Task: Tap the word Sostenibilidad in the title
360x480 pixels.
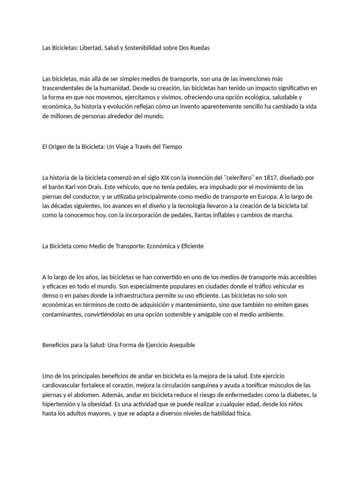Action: click(143, 48)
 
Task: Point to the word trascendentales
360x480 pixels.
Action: click(65, 88)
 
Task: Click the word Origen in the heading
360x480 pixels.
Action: click(58, 147)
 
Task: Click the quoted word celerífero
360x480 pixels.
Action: click(240, 177)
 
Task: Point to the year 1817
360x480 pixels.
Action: click(270, 177)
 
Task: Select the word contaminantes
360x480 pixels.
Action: click(61, 315)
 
